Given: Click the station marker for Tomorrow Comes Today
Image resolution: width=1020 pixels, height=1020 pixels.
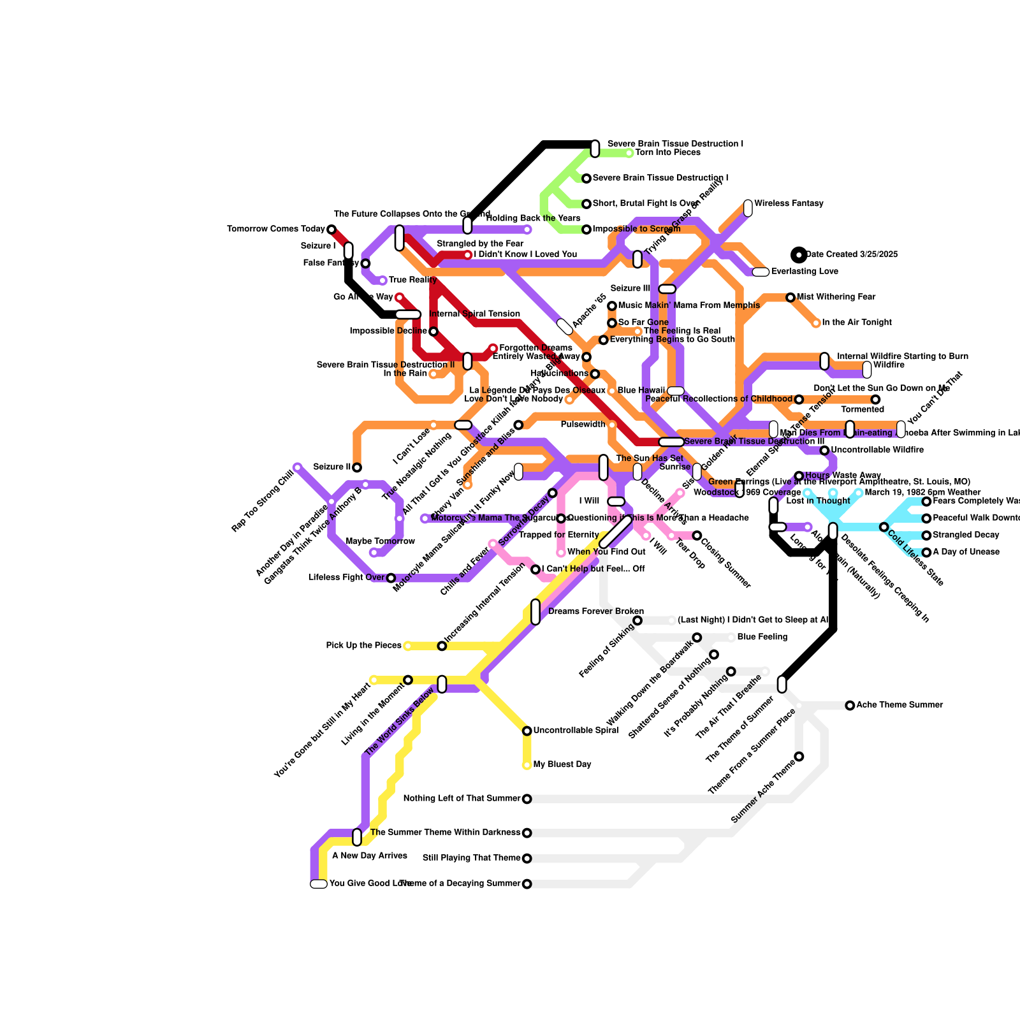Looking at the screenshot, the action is tap(331, 229).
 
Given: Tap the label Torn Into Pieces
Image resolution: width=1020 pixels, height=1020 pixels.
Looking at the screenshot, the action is tap(667, 153).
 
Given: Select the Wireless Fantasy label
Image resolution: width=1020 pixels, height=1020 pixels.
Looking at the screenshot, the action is tap(789, 204).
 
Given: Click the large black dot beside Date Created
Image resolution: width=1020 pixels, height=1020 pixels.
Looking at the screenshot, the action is tap(799, 255).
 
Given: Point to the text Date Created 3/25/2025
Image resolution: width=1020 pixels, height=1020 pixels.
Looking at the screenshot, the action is tap(852, 255).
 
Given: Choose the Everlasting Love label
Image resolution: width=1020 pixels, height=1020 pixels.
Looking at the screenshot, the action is tap(805, 272).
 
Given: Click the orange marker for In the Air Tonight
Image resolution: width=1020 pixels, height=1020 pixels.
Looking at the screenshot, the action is tap(816, 323).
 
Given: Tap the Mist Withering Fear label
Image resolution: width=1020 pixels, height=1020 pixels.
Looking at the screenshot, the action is tap(836, 297).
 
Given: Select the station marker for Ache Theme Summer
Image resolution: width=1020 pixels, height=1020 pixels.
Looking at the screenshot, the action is tap(850, 705).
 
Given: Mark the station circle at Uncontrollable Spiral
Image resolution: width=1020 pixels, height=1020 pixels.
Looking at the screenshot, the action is tap(527, 731).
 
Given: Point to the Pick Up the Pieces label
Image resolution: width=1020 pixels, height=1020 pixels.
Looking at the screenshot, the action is tap(363, 646).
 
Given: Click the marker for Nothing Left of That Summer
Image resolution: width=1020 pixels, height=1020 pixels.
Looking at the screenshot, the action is tap(527, 799).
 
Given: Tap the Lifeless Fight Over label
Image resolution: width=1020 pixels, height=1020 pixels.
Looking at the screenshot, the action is tap(346, 578).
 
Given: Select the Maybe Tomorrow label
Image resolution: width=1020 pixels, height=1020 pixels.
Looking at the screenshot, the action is tap(380, 542).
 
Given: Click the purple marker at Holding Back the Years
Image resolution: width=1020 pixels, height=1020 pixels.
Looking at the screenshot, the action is tap(527, 229).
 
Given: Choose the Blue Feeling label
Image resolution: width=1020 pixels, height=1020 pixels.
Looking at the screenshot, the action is tap(762, 637).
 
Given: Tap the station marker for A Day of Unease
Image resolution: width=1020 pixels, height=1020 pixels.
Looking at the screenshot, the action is tap(926, 552).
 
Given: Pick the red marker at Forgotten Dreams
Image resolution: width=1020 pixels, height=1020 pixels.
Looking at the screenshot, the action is tap(493, 348).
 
